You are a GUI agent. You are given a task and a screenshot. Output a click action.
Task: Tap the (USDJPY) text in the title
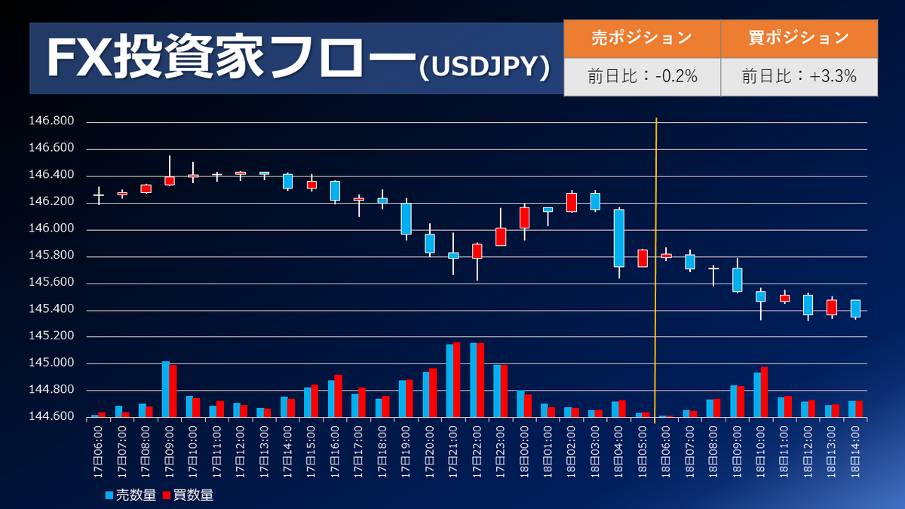click(x=483, y=67)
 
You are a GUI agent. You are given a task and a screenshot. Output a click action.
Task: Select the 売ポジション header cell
click(x=642, y=38)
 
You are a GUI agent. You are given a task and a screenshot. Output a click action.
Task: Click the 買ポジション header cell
click(x=799, y=38)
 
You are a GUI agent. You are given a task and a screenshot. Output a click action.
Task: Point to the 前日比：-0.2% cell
click(x=642, y=76)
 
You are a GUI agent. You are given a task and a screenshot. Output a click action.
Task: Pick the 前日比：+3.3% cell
click(x=799, y=76)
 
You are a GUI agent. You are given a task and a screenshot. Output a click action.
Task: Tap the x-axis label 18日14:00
click(x=856, y=449)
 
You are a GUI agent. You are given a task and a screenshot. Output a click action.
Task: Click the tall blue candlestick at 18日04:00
click(x=619, y=238)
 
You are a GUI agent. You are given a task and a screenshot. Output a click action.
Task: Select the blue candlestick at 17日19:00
click(x=406, y=219)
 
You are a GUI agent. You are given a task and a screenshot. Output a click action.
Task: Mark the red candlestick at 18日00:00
click(x=524, y=218)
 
